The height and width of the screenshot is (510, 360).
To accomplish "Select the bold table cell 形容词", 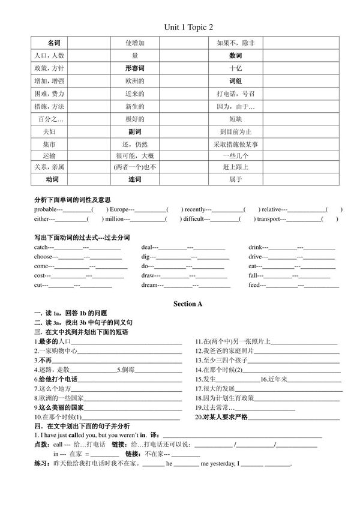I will point(135,68).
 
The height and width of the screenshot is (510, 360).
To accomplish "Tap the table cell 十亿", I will point(235,68).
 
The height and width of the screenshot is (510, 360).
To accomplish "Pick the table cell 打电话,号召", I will point(235,94).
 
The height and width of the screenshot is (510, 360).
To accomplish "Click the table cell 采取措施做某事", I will point(235,144).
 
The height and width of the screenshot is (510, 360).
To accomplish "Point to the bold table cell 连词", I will point(135,179).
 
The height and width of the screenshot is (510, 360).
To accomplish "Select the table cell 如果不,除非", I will point(235,43).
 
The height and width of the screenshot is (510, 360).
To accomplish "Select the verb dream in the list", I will point(150,286).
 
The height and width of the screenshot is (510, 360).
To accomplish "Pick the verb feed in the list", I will point(255,286).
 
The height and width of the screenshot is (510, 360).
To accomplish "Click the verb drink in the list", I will point(256,247).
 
